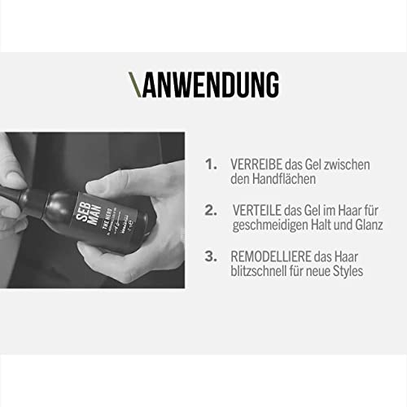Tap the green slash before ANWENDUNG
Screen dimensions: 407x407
(x=134, y=85)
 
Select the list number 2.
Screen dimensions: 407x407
(x=211, y=210)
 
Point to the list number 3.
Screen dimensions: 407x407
(x=211, y=256)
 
